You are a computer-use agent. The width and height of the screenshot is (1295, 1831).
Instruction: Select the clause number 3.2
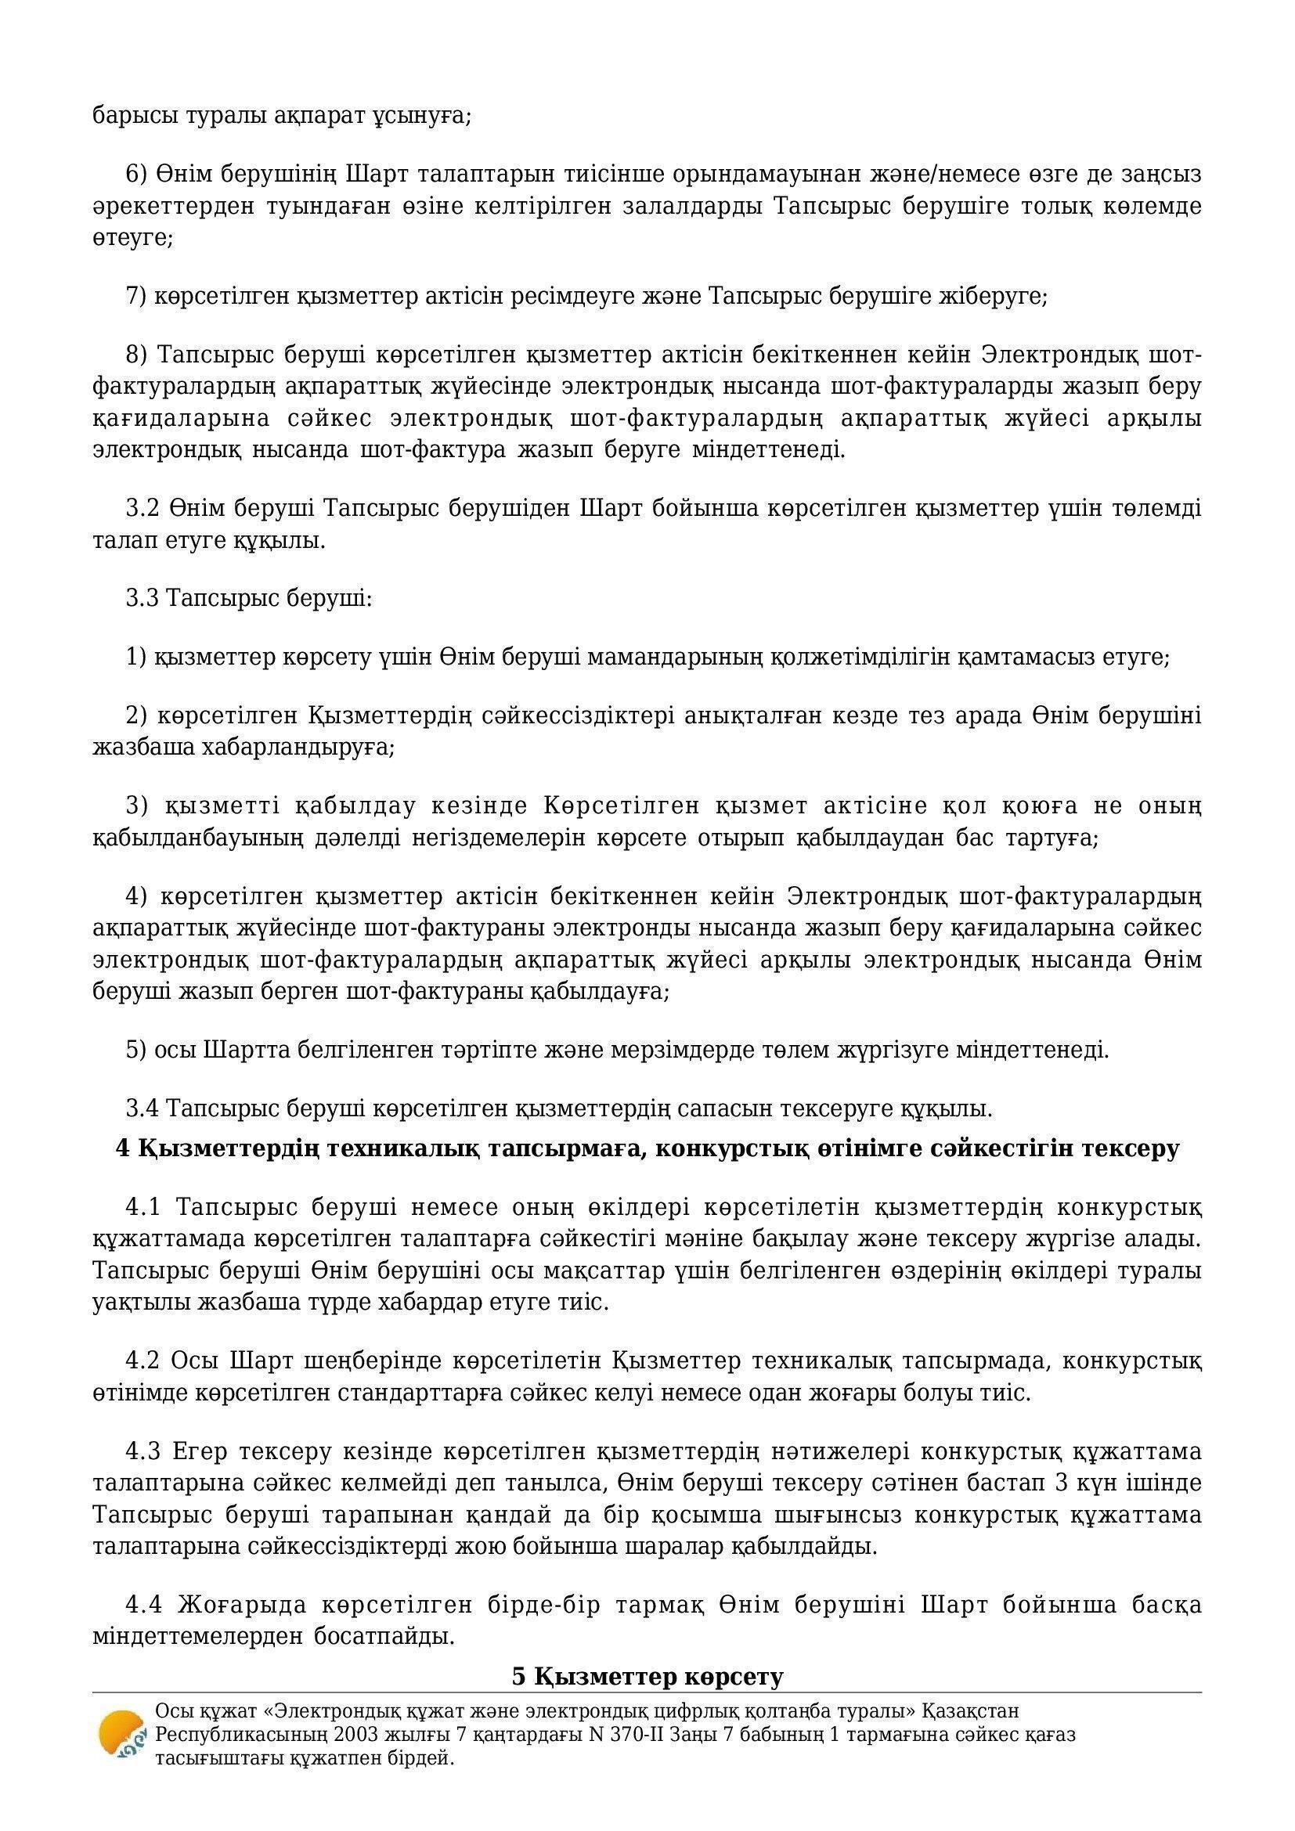(143, 508)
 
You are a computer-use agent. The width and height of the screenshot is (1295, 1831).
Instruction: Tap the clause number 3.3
(143, 598)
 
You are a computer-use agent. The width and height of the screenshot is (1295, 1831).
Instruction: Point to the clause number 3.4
(143, 1108)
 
